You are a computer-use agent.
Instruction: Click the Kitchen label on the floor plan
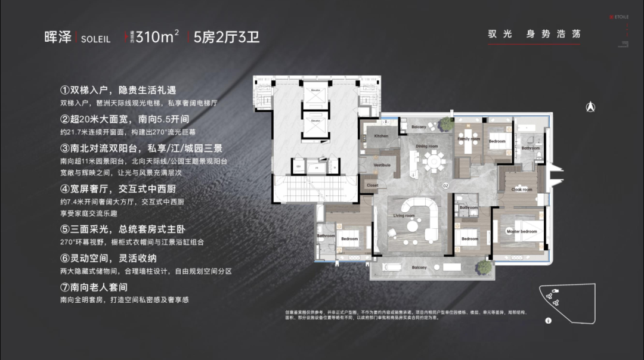(381, 136)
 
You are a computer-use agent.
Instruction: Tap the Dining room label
(426, 146)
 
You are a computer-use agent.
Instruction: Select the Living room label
(404, 216)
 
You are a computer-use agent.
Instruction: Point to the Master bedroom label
(522, 231)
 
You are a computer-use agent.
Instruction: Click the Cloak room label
(522, 190)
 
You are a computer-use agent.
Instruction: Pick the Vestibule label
(382, 165)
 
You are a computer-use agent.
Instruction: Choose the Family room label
(469, 139)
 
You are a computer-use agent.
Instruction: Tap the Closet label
(373, 185)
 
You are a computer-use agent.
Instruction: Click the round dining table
(434, 160)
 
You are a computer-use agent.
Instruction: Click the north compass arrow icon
(590, 107)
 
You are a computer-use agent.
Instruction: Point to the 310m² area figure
(157, 37)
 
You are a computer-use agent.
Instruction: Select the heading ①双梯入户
(118, 91)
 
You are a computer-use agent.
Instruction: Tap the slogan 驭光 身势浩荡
(534, 33)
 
